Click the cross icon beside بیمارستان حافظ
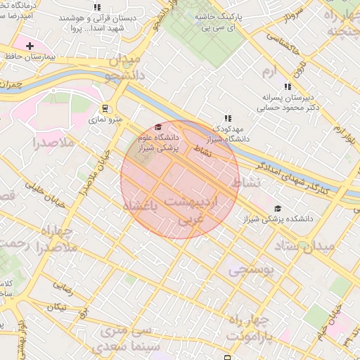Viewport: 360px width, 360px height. tap(30, 46)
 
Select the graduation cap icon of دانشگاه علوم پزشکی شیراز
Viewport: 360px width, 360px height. tap(158, 127)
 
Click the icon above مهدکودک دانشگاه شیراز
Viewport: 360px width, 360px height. tap(226, 119)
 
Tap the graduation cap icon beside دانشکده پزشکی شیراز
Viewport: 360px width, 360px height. tap(278, 209)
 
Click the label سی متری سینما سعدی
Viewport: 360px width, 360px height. tap(131, 340)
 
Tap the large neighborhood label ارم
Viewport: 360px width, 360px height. tap(271, 72)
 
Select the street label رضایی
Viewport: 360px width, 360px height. tap(63, 287)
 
